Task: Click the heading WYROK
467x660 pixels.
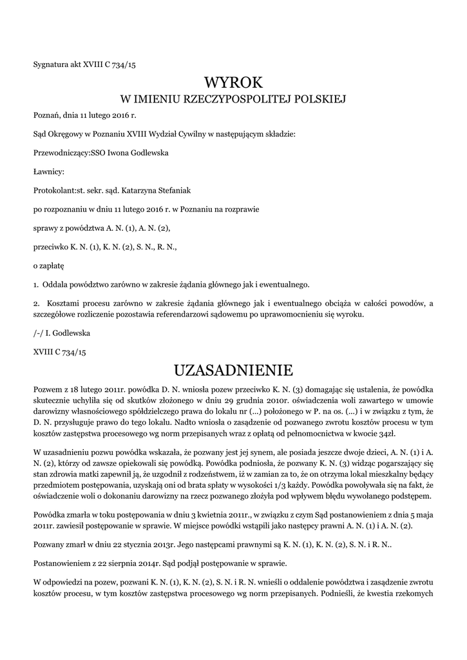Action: (x=233, y=82)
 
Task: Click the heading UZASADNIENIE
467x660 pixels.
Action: (x=233, y=371)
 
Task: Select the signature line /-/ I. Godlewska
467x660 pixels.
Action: (x=61, y=333)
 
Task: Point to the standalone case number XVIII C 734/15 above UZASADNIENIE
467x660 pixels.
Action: (x=59, y=352)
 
